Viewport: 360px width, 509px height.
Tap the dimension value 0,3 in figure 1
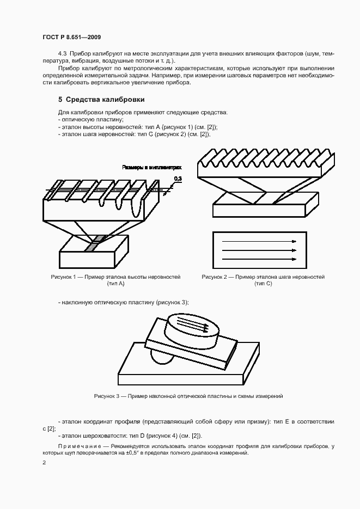click(178, 178)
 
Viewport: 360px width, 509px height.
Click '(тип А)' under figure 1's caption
click(115, 284)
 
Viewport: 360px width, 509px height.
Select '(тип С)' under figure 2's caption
click(263, 284)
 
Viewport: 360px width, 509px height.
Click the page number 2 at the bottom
click(44, 463)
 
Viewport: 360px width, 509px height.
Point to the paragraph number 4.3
click(62, 54)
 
